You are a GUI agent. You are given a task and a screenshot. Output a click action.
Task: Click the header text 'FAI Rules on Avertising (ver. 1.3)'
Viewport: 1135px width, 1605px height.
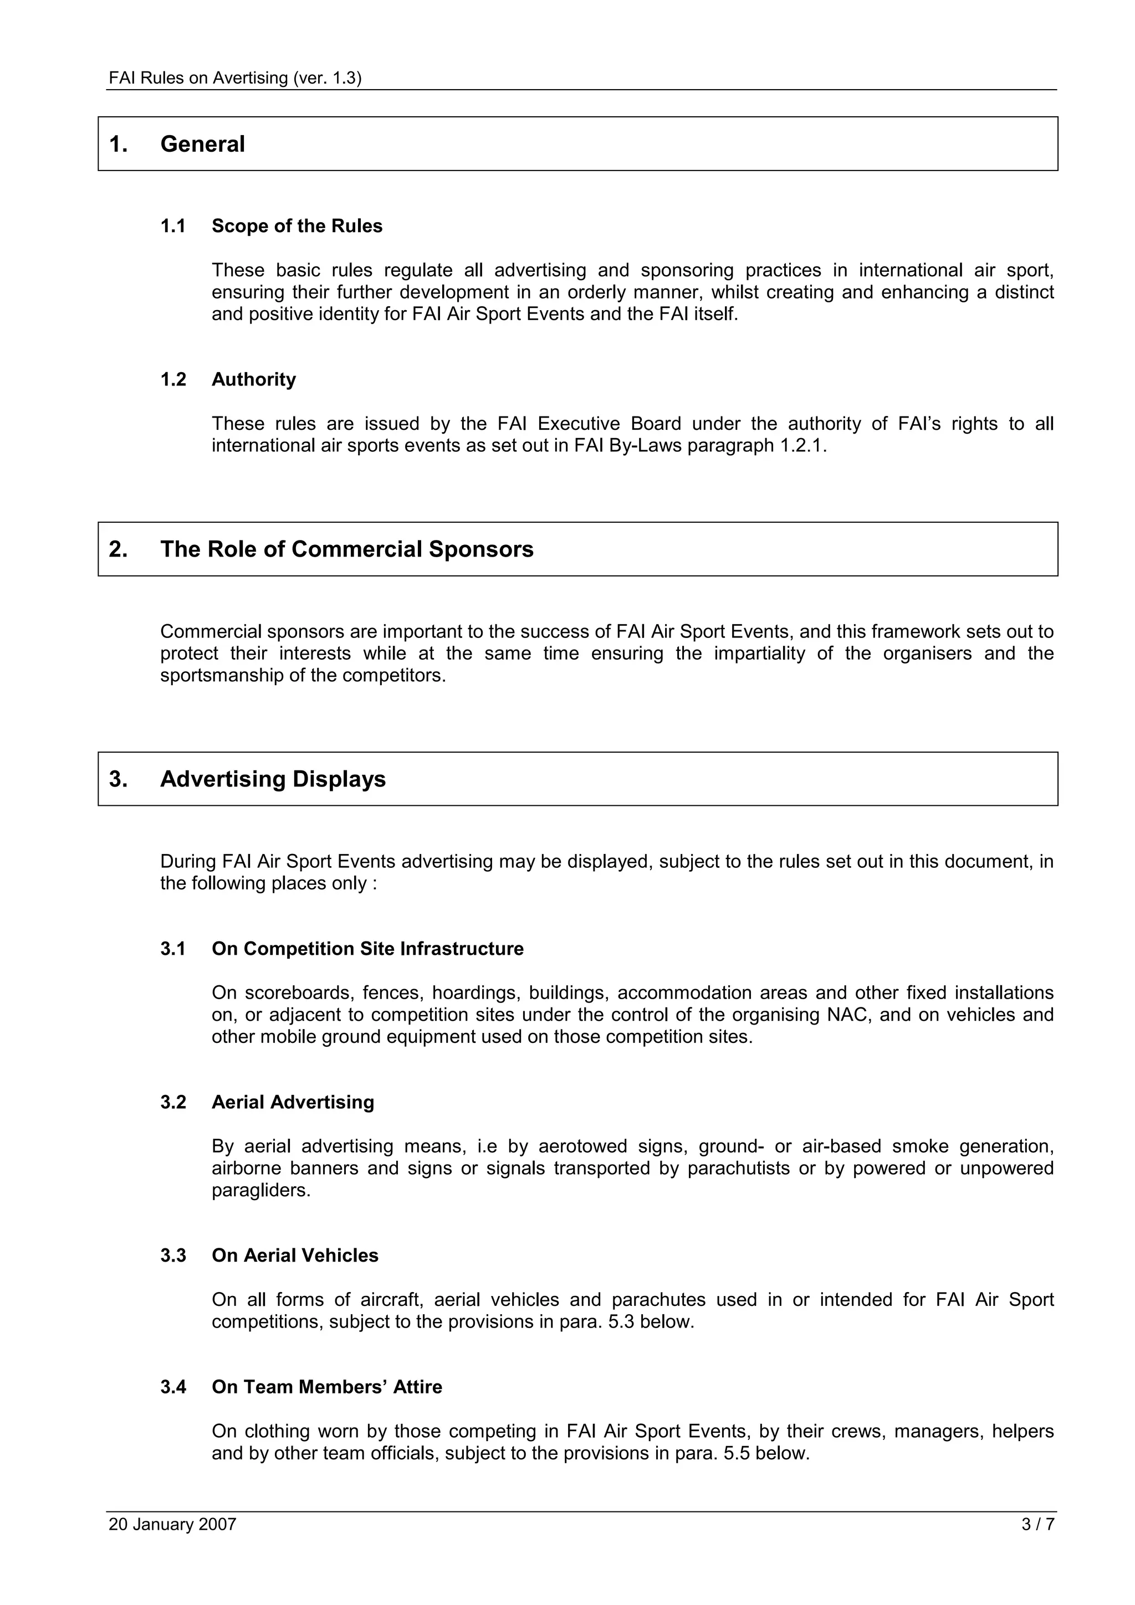(x=235, y=78)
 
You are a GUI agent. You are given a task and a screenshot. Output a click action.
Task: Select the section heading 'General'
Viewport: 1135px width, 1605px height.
(x=202, y=144)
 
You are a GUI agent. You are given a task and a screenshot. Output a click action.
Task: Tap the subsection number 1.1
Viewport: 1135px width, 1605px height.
(x=173, y=227)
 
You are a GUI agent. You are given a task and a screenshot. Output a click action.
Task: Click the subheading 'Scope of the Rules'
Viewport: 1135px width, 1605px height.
(x=296, y=227)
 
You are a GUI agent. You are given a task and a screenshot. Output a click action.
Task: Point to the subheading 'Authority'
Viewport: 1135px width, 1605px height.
(x=254, y=379)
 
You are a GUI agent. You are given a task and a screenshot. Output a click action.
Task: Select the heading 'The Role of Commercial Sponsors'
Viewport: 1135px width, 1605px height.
(x=346, y=549)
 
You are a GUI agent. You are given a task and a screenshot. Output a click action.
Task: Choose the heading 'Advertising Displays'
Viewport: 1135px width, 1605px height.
(x=273, y=779)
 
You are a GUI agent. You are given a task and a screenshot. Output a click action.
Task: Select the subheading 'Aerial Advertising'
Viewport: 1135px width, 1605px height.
(x=293, y=1102)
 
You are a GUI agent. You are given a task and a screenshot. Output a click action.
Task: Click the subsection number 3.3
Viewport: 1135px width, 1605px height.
(x=173, y=1256)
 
